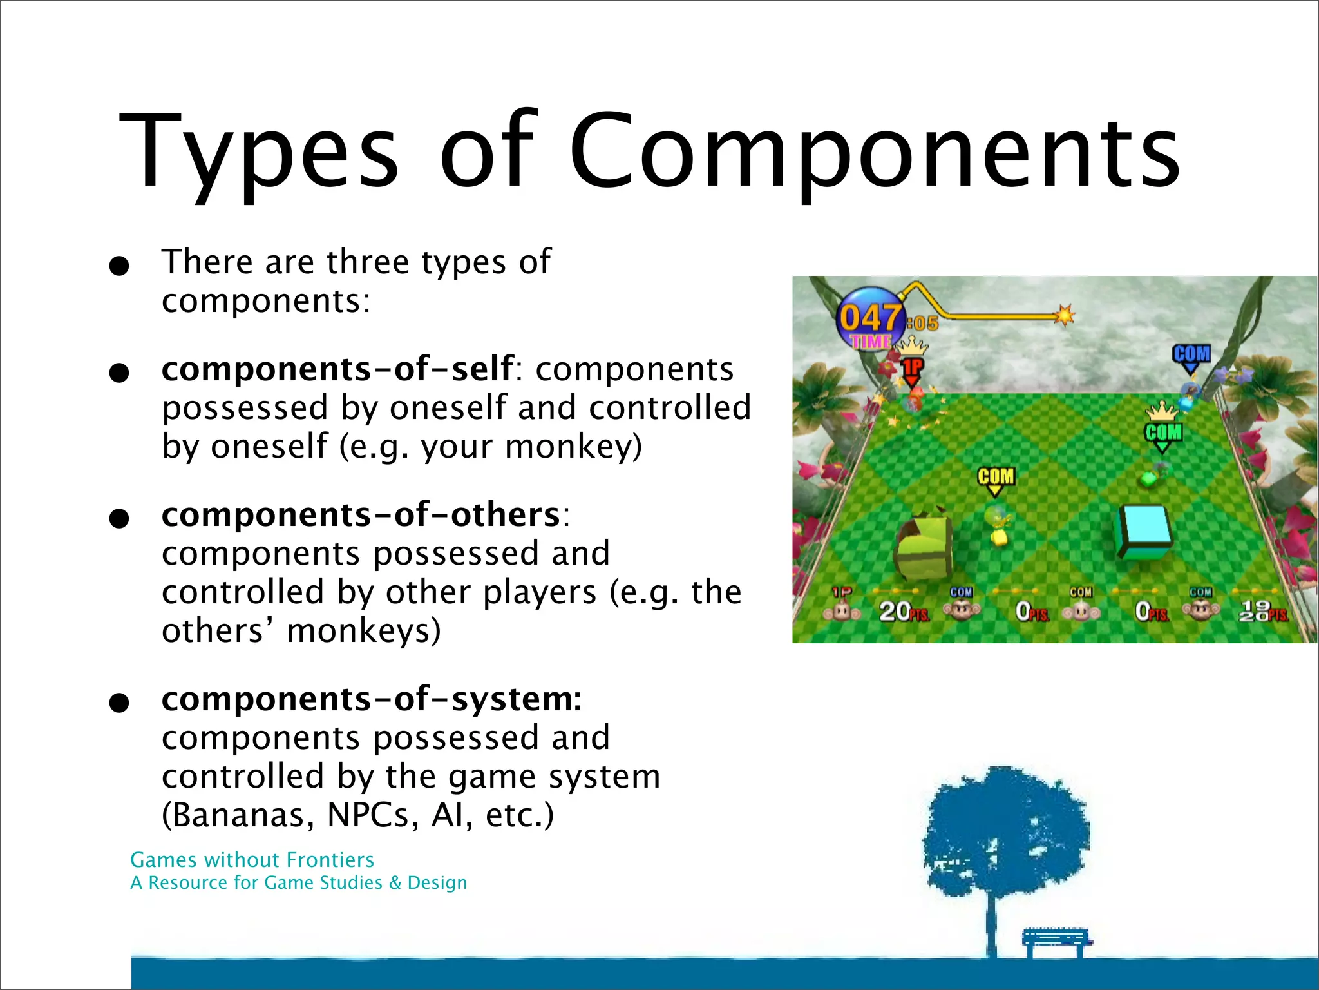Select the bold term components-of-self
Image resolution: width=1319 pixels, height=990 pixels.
337,369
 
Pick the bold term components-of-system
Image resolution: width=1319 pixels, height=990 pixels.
371,699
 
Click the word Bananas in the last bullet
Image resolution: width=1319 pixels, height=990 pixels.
243,815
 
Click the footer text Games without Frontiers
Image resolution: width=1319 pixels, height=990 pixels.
252,860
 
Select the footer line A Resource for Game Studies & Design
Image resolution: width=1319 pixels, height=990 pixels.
298,883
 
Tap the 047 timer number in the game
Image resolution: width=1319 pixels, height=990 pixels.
870,318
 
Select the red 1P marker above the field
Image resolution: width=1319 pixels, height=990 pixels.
912,369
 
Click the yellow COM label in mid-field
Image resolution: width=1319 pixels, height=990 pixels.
996,477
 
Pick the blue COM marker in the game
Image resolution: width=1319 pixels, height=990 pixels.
1191,354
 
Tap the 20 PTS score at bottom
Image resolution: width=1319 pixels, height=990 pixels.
902,611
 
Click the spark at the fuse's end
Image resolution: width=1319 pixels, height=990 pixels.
1065,315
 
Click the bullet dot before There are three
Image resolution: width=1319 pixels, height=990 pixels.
119,265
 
